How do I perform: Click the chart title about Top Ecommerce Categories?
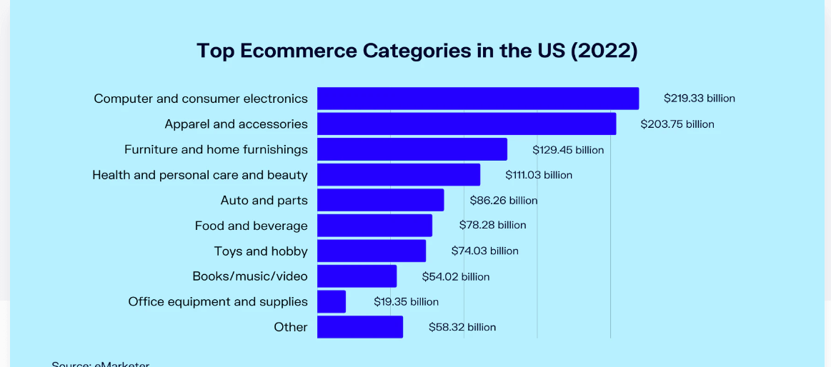point(417,51)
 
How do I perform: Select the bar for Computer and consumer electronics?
point(477,99)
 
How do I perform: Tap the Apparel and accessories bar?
point(466,124)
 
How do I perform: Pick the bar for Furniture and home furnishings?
point(412,149)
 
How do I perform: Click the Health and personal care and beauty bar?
point(398,175)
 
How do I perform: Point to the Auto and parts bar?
point(380,200)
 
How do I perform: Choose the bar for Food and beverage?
point(374,226)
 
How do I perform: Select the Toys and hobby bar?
point(371,251)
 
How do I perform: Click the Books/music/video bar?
point(357,276)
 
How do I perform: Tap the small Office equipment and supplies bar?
point(331,301)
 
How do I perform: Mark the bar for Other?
point(359,327)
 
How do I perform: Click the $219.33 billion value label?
point(699,99)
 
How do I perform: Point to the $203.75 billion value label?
point(677,124)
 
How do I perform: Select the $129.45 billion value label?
point(568,150)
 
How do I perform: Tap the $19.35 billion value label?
point(406,302)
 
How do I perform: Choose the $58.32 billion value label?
point(462,327)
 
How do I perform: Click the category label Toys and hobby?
point(261,251)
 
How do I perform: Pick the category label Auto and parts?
point(264,201)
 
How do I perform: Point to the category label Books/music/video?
point(250,276)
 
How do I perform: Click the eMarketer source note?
point(100,364)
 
